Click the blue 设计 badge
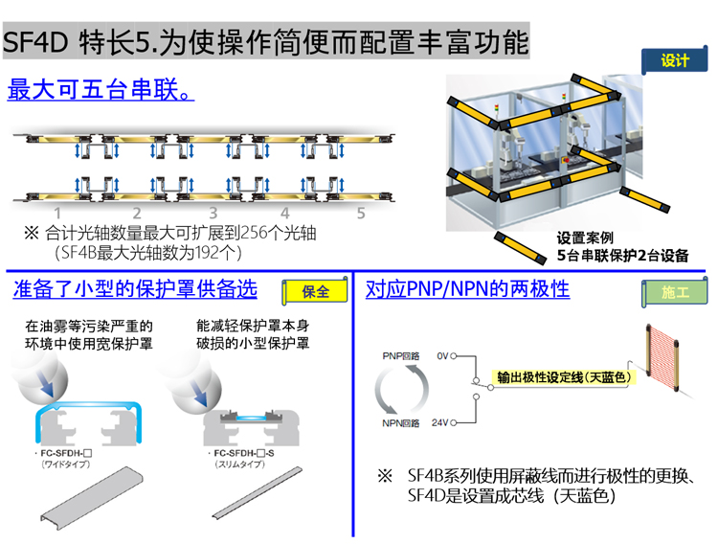click(x=675, y=60)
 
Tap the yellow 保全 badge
click(x=315, y=291)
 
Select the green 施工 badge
click(x=675, y=291)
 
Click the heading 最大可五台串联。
click(x=101, y=91)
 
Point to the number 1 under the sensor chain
click(x=57, y=213)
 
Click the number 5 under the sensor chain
click(x=361, y=213)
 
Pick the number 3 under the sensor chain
click(x=213, y=213)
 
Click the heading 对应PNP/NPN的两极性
click(x=468, y=288)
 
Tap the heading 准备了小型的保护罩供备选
click(x=135, y=288)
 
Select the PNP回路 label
click(x=401, y=355)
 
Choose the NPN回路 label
click(x=401, y=421)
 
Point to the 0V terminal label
click(x=442, y=355)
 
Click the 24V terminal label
click(x=440, y=421)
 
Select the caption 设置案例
click(x=585, y=238)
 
